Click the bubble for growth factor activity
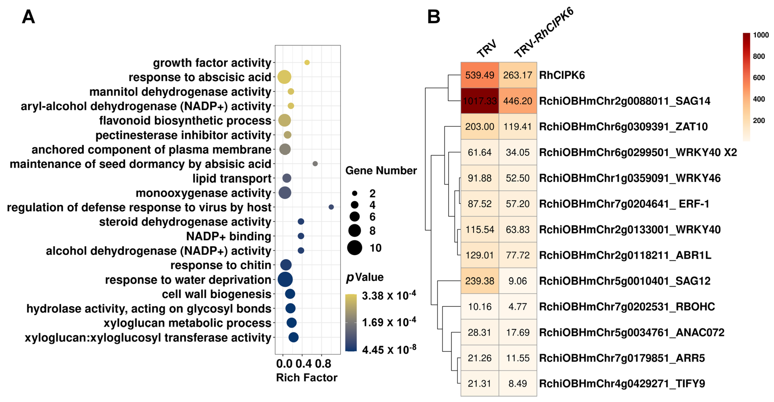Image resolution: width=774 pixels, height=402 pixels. tap(307, 62)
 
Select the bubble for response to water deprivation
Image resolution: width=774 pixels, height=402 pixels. tap(285, 279)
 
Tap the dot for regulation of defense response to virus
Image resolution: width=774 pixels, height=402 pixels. tap(331, 207)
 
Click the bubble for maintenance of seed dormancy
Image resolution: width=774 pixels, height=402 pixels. tap(315, 164)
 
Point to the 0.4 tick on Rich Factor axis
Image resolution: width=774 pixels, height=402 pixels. tap(303, 364)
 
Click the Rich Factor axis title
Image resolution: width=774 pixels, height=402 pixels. tap(306, 377)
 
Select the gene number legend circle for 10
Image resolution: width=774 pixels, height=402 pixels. tap(354, 248)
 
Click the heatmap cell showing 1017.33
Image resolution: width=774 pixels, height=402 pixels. tap(480, 101)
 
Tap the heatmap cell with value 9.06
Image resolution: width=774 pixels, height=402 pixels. tap(517, 281)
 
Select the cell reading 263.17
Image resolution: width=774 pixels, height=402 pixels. tap(517, 75)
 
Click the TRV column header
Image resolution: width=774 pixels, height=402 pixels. tap(487, 49)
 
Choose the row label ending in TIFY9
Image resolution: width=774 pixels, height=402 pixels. tap(622, 383)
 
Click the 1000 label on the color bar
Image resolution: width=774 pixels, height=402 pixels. tap(760, 35)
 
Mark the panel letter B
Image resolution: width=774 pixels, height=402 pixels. tap(433, 17)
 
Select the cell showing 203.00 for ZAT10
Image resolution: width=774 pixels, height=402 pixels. tap(480, 127)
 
